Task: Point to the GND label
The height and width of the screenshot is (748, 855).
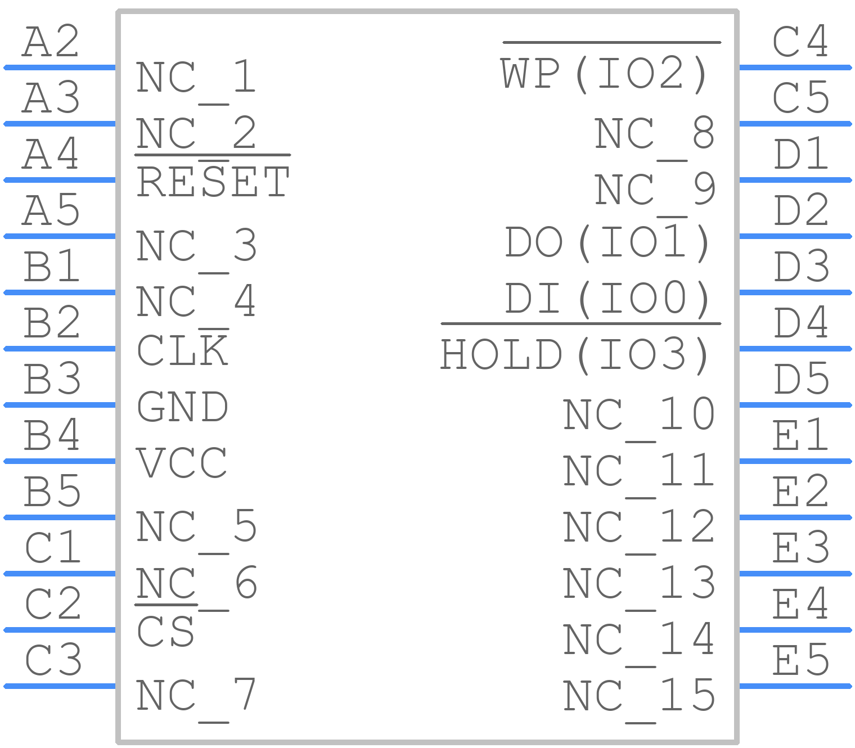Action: point(182,407)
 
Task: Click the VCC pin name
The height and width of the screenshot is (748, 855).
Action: point(182,463)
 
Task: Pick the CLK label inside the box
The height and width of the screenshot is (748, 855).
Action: point(182,350)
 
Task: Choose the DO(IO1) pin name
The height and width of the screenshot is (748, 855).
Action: point(607,243)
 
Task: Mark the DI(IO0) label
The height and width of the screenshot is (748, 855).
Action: point(607,299)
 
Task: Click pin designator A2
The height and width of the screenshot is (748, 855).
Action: point(51,42)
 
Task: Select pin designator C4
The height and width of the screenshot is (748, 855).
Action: point(800,42)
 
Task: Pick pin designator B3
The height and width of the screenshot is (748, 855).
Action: point(52,379)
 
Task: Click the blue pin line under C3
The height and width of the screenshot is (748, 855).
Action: point(60,686)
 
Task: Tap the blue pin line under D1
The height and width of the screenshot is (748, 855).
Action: point(796,180)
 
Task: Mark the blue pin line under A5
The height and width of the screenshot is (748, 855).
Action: point(60,237)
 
